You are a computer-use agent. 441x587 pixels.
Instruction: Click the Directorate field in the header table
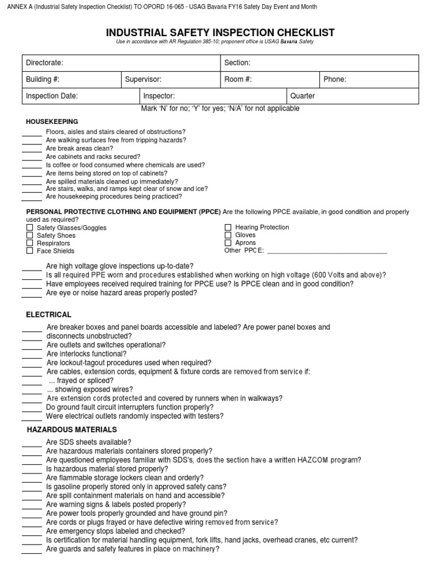coord(121,62)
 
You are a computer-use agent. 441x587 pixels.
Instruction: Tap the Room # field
coord(269,79)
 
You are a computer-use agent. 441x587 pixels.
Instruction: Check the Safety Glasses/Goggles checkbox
coord(30,228)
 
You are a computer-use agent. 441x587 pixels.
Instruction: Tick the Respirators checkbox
coord(30,243)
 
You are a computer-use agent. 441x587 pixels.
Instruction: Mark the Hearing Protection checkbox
coord(228,228)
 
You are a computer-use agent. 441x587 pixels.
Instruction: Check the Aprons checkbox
coord(228,242)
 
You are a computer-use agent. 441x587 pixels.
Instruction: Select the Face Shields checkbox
coord(30,251)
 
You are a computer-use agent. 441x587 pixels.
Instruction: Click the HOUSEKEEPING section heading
coord(52,122)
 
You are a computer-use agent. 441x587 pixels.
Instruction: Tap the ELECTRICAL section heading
coord(49,315)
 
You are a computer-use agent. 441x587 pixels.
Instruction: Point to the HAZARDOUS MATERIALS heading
coord(72,429)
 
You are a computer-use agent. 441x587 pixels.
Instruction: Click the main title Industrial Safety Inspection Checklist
coord(220,33)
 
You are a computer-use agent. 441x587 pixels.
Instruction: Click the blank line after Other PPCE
coord(327,251)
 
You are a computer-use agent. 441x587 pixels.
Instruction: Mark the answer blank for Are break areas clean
coord(32,149)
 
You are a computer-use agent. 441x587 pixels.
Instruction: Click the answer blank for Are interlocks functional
coord(32,355)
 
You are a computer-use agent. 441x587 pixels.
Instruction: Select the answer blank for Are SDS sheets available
coord(32,443)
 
